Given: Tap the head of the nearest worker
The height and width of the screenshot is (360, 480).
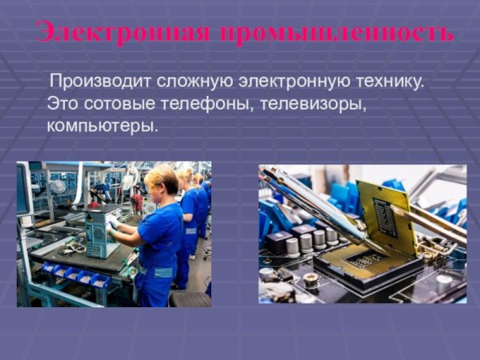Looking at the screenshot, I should click(x=162, y=179).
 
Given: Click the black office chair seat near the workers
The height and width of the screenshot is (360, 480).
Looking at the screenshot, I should click(x=191, y=298).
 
